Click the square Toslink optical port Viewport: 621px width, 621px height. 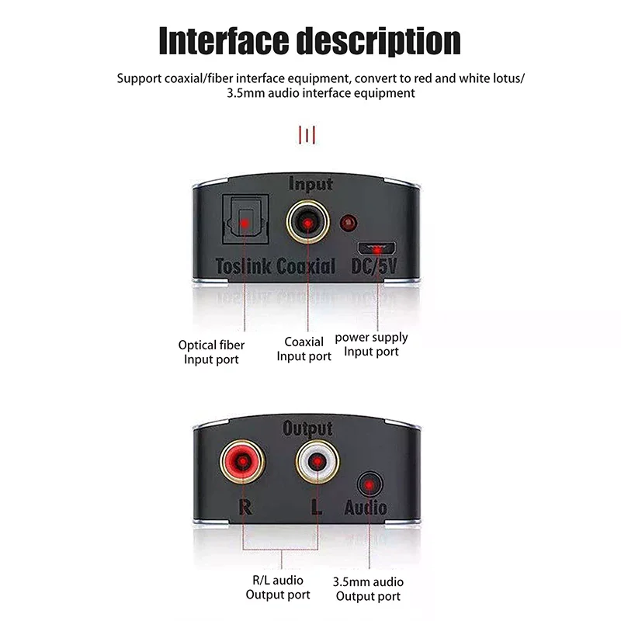pos(245,223)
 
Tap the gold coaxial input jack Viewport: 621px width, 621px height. pos(308,224)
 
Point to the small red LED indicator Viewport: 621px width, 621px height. pos(350,224)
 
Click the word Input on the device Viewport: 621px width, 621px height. pos(310,184)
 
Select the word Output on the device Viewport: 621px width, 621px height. pos(307,428)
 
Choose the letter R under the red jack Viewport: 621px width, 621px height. pos(244,508)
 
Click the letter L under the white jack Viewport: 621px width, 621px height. pos(315,508)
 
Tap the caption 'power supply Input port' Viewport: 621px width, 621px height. pos(371,345)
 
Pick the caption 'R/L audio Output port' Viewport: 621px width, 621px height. pos(278,588)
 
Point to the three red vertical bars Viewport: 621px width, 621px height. pos(307,136)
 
